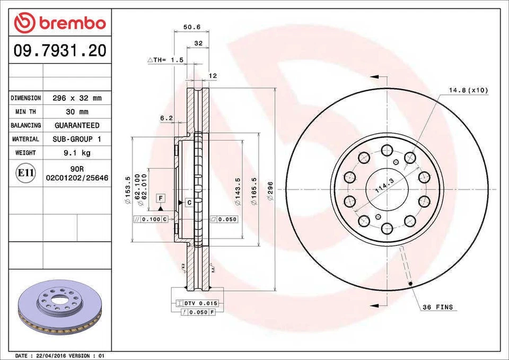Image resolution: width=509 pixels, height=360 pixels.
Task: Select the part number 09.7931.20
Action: (60, 51)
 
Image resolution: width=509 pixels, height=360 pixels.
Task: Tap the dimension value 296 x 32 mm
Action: (77, 98)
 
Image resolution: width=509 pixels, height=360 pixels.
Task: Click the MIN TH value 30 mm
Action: (77, 112)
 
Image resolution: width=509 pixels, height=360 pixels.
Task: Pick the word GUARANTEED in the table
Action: (77, 126)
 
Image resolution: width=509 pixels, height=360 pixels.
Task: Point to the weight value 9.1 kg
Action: (77, 153)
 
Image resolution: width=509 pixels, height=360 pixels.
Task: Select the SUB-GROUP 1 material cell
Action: (77, 139)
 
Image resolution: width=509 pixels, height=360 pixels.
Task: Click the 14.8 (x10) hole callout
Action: (468, 90)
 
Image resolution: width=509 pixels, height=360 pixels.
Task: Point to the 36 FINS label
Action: (439, 307)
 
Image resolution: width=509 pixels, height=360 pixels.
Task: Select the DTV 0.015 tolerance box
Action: (200, 303)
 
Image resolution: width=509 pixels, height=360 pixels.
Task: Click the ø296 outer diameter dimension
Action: (270, 190)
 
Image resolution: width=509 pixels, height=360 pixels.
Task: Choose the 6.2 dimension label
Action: (166, 118)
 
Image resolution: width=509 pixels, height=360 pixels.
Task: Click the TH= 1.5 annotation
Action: (165, 60)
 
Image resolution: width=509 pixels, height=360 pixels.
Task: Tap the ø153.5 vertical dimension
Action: (127, 190)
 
